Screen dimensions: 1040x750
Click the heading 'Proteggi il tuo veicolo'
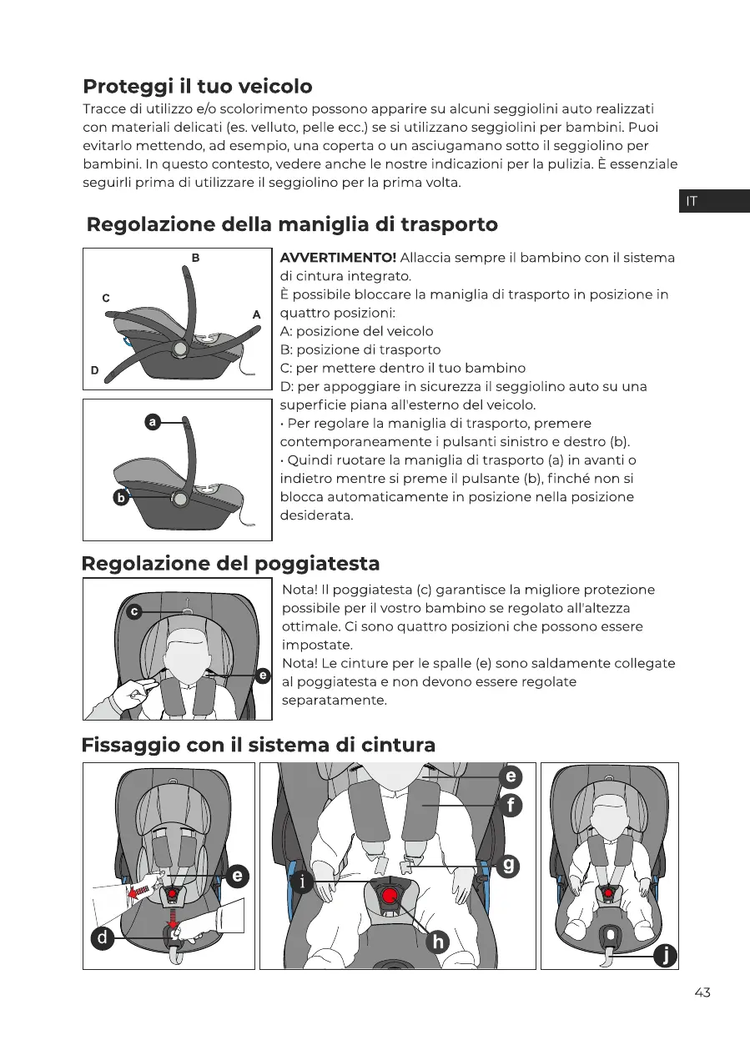click(x=198, y=86)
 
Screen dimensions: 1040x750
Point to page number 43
click(x=702, y=992)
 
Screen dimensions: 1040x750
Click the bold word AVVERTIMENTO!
click(x=338, y=258)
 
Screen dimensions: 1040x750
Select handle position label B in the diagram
click(x=195, y=259)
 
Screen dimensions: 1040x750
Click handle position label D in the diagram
click(x=94, y=369)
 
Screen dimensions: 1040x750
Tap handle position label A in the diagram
click(x=257, y=314)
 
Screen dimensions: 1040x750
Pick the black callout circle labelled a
click(x=153, y=423)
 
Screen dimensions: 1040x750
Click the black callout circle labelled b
click(x=121, y=499)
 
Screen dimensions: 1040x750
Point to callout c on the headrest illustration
click(x=133, y=611)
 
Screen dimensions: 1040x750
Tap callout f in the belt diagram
click(x=510, y=806)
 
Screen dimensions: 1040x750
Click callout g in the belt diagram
click(x=507, y=865)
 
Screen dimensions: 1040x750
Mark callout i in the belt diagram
click(x=303, y=882)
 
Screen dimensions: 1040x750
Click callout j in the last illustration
click(x=664, y=955)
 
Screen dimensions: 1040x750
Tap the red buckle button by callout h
click(x=390, y=897)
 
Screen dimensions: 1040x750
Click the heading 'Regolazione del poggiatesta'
click(x=230, y=563)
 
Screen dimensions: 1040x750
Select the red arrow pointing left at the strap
click(x=142, y=890)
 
